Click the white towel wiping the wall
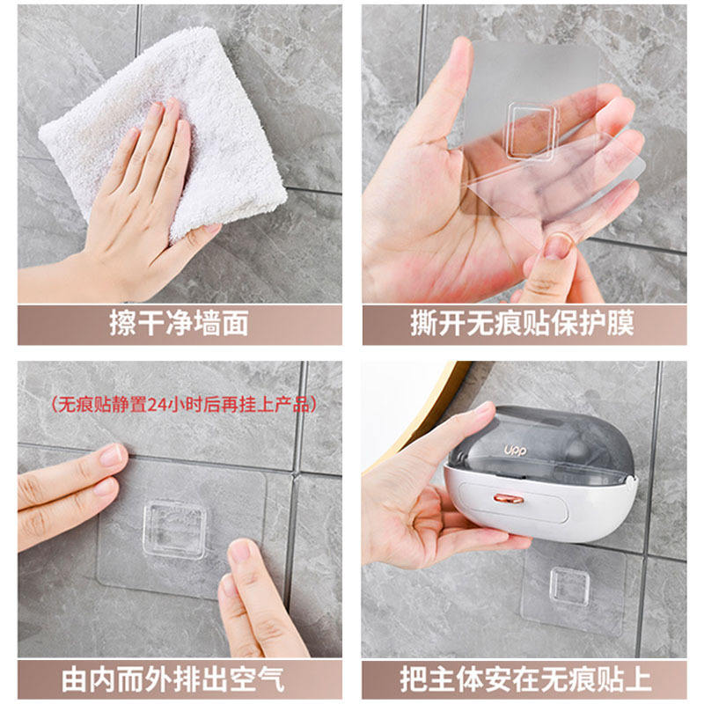pyautogui.click(x=166, y=130)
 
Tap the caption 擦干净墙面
pyautogui.click(x=179, y=323)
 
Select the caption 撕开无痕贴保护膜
pyautogui.click(x=522, y=323)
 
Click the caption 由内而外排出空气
pyautogui.click(x=173, y=679)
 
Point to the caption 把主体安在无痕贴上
pyautogui.click(x=525, y=679)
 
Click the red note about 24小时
pyautogui.click(x=184, y=404)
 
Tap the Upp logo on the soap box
pyautogui.click(x=515, y=450)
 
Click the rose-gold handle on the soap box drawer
pyautogui.click(x=509, y=498)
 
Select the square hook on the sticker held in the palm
pyautogui.click(x=532, y=130)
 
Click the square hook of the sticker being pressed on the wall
pyautogui.click(x=175, y=530)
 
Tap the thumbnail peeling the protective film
pyautogui.click(x=558, y=246)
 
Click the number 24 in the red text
pyautogui.click(x=157, y=405)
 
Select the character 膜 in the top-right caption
pyautogui.click(x=620, y=323)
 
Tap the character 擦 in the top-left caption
pyautogui.click(x=122, y=323)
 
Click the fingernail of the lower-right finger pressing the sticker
pyautogui.click(x=240, y=551)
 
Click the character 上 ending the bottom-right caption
pyautogui.click(x=639, y=679)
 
